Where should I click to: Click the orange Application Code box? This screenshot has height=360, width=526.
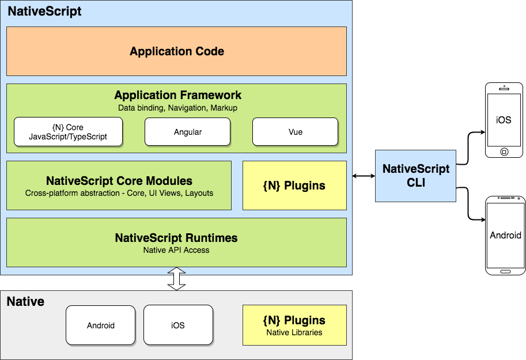pos(176,51)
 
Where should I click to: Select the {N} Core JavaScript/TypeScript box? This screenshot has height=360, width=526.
pos(68,131)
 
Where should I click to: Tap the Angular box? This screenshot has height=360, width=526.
pos(187,132)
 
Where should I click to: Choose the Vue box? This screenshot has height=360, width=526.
pos(295,132)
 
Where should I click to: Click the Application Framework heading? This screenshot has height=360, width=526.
pos(177,96)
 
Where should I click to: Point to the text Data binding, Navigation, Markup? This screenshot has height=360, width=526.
pos(177,108)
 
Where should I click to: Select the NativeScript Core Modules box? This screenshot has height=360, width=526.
pos(119,185)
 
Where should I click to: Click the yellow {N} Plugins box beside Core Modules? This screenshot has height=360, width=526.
pos(294,185)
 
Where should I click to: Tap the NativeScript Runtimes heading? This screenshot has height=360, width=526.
pos(176,238)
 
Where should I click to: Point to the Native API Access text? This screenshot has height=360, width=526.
pos(176,250)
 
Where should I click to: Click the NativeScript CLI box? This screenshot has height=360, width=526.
pos(415,176)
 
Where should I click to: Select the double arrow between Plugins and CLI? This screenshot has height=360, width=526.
pos(361,176)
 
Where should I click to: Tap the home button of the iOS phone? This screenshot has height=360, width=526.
pos(504,151)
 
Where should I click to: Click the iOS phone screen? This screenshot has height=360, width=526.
pos(504,120)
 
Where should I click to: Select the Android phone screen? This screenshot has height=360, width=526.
pos(505,235)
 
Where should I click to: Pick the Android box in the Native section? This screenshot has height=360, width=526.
pos(101,325)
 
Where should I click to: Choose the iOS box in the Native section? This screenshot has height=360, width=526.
pos(177,325)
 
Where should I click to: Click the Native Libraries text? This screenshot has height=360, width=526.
pos(294,332)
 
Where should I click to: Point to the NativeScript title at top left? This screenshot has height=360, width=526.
pos(44,11)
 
